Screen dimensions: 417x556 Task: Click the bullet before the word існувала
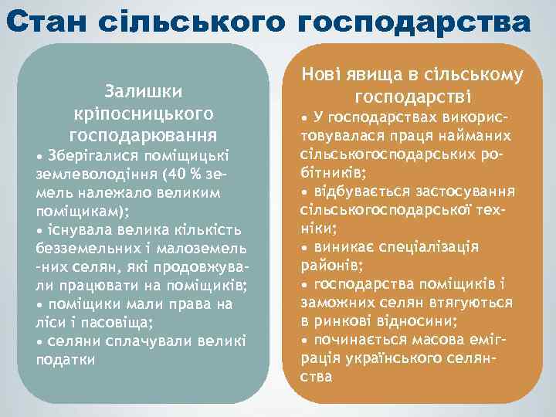39,230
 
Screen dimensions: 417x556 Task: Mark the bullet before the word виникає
304,247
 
